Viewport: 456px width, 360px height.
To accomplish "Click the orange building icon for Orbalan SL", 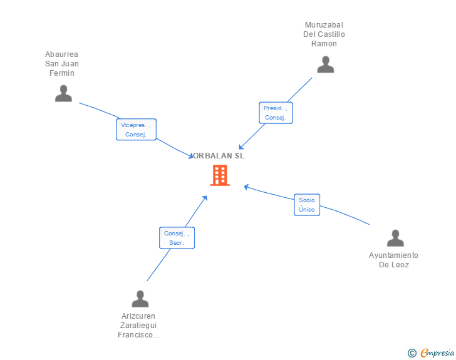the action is [219, 175].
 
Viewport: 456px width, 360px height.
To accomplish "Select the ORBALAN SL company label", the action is [219, 156].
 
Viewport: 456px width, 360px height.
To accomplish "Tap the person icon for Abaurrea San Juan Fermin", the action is [63, 94].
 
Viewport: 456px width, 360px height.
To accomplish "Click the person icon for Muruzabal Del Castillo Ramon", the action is [325, 64].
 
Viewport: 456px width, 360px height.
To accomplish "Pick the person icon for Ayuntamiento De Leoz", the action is [395, 239].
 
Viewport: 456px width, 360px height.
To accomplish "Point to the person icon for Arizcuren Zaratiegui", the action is [140, 299].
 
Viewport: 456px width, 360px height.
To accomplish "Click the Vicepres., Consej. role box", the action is [136, 130].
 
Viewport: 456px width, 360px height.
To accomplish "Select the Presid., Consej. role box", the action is [276, 113].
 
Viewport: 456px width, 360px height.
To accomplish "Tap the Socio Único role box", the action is [307, 205].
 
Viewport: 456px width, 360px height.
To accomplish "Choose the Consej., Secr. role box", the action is [177, 238].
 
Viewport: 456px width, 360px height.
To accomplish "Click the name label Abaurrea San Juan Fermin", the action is [62, 64].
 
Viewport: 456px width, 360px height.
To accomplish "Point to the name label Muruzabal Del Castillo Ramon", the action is [324, 34].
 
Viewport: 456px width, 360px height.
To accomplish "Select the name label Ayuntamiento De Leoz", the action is [393, 260].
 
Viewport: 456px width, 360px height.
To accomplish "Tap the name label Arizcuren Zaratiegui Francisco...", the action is [138, 326].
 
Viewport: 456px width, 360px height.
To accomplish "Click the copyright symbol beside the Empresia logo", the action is [412, 353].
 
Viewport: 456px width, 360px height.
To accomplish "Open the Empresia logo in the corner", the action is [437, 352].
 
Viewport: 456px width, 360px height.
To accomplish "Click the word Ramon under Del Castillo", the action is [324, 44].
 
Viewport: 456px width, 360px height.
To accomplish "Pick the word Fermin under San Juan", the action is [62, 73].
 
